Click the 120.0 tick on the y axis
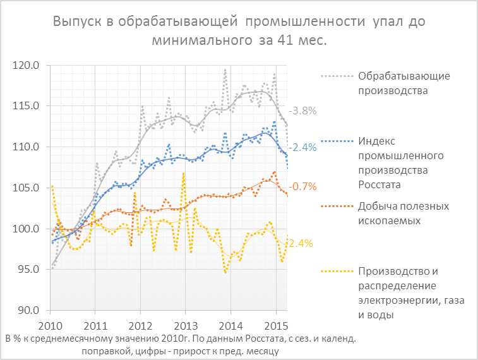27,65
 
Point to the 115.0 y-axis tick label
27,105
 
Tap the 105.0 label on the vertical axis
27,188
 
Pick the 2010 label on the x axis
49,326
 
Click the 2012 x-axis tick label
140,326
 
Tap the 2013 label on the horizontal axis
185,326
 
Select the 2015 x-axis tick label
275,326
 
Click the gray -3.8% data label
302,111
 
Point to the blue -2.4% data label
302,147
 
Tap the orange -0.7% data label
302,186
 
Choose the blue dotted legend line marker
335,139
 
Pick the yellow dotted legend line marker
335,272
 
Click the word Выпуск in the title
77,22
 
